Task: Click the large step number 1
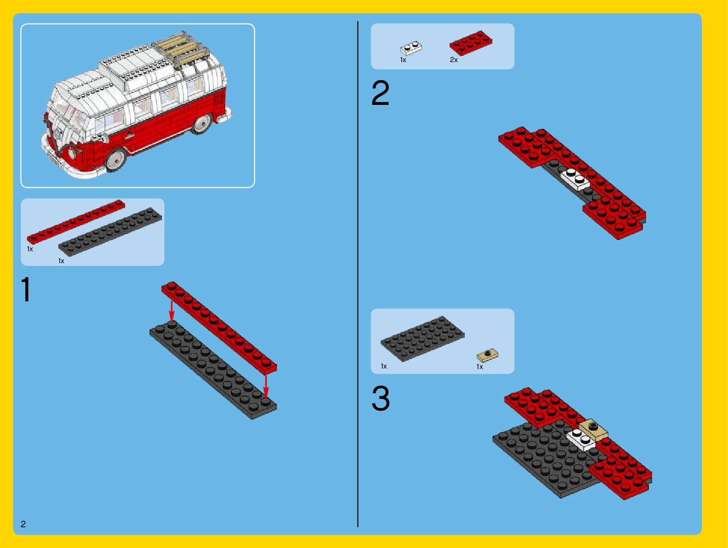tap(26, 289)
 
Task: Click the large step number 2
tap(381, 93)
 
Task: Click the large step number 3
tap(381, 398)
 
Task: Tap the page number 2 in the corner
tap(23, 524)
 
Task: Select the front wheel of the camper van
tap(116, 160)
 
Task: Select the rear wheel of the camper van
tap(201, 124)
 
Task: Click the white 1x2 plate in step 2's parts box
tap(411, 48)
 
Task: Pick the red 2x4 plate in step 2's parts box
tap(471, 43)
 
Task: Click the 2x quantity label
tap(454, 60)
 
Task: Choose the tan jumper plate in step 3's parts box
tap(487, 355)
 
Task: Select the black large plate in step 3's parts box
tap(422, 339)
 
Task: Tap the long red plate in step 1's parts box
tap(76, 221)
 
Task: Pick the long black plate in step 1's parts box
tap(110, 232)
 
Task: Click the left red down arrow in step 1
tap(172, 311)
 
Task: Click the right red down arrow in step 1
tap(266, 386)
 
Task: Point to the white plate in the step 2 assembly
tap(575, 179)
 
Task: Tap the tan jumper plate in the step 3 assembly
tap(593, 430)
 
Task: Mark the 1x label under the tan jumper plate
tap(480, 367)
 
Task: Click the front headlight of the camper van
tap(72, 152)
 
